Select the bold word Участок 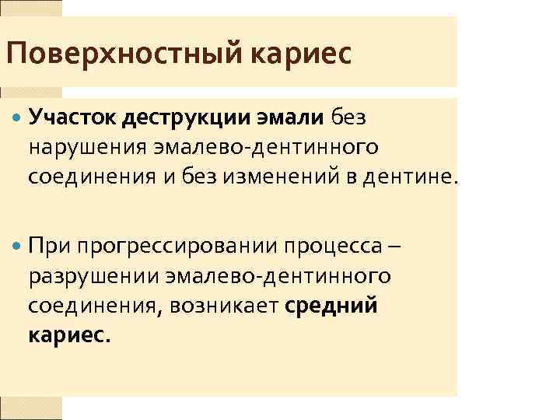tap(71, 118)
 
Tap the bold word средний tap(332, 306)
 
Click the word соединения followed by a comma tap(86, 306)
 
